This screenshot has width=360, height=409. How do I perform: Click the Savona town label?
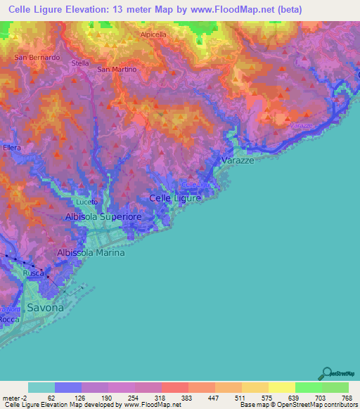pos(45,307)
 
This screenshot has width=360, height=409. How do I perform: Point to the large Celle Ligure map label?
pos(176,198)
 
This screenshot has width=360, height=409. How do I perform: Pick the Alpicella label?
pos(153,34)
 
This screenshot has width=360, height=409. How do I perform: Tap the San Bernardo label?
pos(37,57)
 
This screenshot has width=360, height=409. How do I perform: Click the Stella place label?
pos(80,63)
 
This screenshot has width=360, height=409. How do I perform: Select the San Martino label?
pos(116,69)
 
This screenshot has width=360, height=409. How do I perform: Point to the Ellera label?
pos(12,148)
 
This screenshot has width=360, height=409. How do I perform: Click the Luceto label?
pos(86,202)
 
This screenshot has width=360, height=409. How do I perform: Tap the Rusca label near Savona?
pos(34,273)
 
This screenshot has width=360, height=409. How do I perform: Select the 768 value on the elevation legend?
pos(346,397)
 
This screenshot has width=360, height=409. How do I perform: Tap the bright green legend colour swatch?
pos(308,387)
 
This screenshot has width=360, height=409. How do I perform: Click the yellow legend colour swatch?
pos(281,387)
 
